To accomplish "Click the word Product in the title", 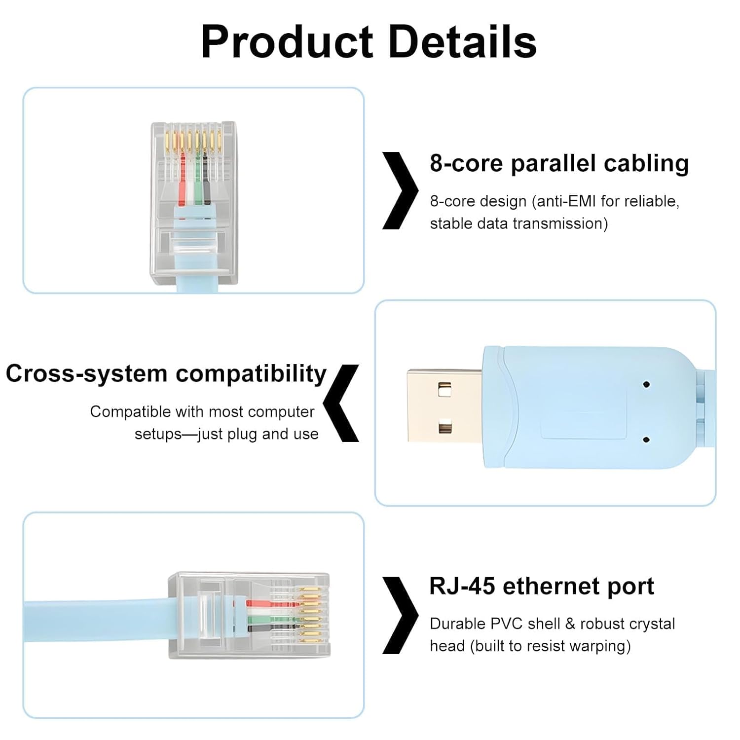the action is pos(287,42).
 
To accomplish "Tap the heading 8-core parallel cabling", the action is pos(559,163).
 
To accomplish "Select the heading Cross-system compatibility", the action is pos(166,373).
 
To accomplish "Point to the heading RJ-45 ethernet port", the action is pos(542,586).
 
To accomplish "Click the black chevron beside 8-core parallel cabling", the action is pos(401,191).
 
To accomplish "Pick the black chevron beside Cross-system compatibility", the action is pos(341,403).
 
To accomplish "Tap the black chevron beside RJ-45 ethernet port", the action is pos(401,615).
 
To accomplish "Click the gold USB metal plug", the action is pos(444,406).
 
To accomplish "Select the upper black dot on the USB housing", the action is pos(646,384).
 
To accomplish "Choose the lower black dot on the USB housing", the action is pos(646,439).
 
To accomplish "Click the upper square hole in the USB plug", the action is pos(444,390).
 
